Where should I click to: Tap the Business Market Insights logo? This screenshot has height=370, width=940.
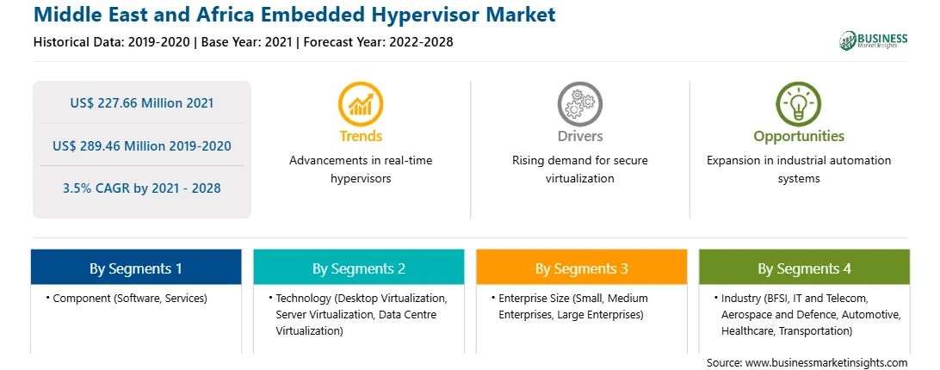[874, 40]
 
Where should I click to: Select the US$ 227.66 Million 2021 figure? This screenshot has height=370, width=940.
[141, 103]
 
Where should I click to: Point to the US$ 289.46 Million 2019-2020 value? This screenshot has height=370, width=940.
[141, 145]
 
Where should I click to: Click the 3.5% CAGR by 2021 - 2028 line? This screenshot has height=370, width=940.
[141, 188]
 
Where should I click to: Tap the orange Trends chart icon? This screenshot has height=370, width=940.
[361, 104]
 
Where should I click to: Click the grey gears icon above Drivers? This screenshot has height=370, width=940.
[579, 104]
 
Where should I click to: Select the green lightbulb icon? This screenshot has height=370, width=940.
[799, 104]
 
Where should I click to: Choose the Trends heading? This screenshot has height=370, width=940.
[361, 137]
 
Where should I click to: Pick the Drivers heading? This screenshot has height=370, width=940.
[579, 137]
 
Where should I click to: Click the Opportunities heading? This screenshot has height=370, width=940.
[799, 137]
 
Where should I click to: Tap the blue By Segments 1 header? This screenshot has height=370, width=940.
[136, 268]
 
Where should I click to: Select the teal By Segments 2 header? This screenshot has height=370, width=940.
[358, 268]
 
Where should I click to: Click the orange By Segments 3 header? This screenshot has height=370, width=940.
[582, 268]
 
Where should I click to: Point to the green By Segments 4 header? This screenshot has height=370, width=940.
[804, 268]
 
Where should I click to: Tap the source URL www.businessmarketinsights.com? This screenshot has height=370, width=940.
[826, 363]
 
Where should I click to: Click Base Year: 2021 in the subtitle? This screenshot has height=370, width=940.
[246, 42]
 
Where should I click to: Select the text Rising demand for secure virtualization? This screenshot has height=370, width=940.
[579, 170]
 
